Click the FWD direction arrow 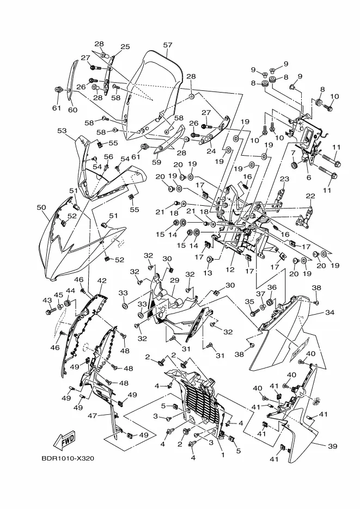(x=64, y=440)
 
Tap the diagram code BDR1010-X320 (x=68, y=459)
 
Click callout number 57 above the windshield (x=168, y=45)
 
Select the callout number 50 (x=41, y=207)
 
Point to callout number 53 (x=62, y=131)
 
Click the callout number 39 (x=332, y=446)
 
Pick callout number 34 (x=330, y=312)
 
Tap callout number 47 (x=93, y=415)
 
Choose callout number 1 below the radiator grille (x=223, y=455)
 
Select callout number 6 (x=309, y=177)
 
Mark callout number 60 (x=73, y=110)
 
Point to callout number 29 (x=175, y=280)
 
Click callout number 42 (x=102, y=280)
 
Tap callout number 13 (x=208, y=273)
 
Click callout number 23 (x=284, y=179)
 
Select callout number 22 (x=310, y=196)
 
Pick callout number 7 (x=293, y=152)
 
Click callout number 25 (x=125, y=46)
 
